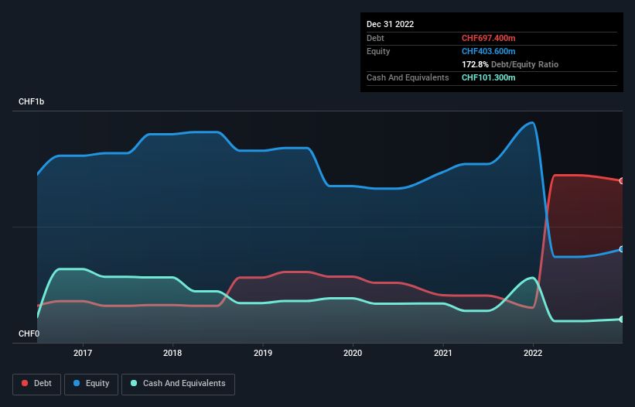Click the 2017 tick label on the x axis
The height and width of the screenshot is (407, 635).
click(83, 352)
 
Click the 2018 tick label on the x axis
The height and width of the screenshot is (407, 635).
click(172, 352)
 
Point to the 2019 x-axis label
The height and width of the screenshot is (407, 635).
click(263, 352)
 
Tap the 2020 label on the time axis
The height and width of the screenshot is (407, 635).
click(353, 352)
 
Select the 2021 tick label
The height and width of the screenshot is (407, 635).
click(443, 352)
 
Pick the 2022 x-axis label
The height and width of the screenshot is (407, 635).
click(533, 352)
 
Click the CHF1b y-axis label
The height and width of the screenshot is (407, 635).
click(32, 102)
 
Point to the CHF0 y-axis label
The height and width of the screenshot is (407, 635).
click(29, 334)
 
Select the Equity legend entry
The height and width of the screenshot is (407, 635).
click(91, 383)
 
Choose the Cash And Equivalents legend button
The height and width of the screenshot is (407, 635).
click(178, 383)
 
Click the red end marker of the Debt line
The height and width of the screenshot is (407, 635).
click(622, 181)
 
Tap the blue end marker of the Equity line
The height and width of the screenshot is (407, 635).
click(622, 249)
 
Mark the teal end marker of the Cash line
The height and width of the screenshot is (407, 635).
click(622, 319)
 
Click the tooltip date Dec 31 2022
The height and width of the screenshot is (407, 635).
click(390, 24)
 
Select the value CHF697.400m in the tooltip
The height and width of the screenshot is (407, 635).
click(489, 38)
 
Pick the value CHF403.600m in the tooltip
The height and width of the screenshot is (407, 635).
click(489, 51)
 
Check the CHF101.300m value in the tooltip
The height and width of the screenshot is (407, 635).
click(489, 77)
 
